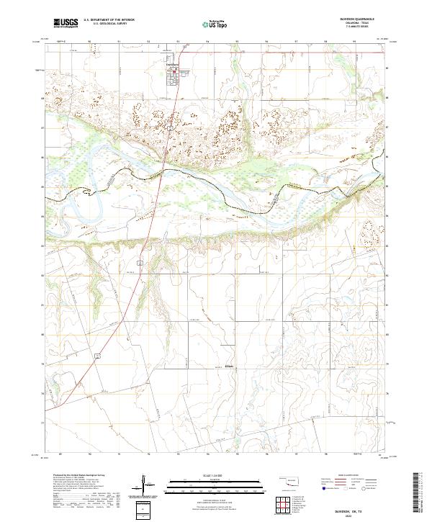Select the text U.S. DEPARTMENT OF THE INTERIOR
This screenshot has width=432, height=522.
[x=109, y=21]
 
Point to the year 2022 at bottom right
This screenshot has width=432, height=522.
[x=367, y=513]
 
